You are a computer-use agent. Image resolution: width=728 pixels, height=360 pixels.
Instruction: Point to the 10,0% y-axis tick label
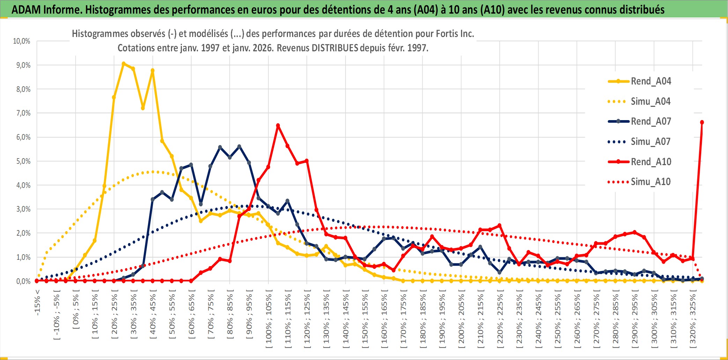click(22, 41)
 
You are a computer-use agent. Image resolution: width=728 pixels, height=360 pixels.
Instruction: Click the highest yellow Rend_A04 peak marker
click(124, 64)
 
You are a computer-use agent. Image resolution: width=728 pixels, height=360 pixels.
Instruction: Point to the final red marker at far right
click(702, 122)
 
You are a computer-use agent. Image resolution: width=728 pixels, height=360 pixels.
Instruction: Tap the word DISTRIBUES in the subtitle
click(335, 48)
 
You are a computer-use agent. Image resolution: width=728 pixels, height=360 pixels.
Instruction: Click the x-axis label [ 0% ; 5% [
click(76, 311)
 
